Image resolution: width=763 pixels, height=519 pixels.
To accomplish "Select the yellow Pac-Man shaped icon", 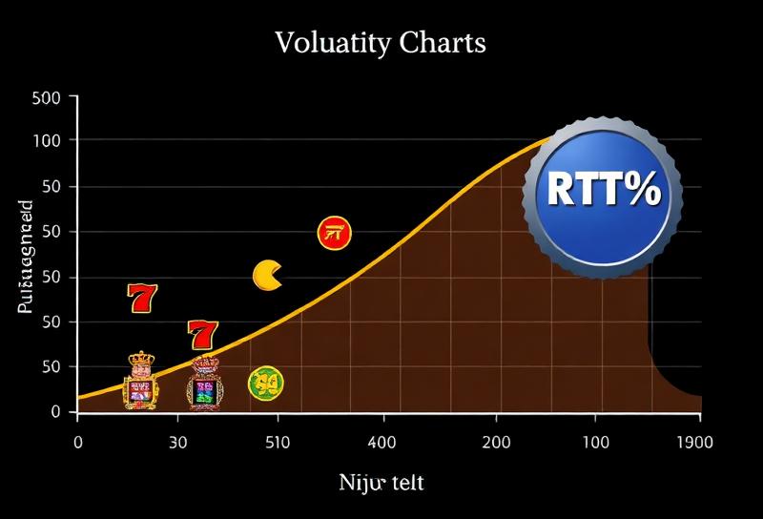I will pyautogui.click(x=267, y=276).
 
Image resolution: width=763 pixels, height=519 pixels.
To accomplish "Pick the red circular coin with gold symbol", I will pyautogui.click(x=334, y=232).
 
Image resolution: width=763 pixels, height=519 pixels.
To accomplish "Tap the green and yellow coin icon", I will pyautogui.click(x=265, y=384).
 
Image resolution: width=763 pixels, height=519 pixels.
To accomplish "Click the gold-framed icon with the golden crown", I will pyautogui.click(x=140, y=381).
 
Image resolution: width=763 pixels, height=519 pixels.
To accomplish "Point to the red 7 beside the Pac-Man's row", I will pyautogui.click(x=142, y=299).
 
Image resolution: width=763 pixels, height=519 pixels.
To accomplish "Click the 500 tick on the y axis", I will pyautogui.click(x=46, y=97).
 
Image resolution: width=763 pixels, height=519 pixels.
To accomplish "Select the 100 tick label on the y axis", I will pyautogui.click(x=46, y=141).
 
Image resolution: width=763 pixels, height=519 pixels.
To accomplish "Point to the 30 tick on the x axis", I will pyautogui.click(x=178, y=443).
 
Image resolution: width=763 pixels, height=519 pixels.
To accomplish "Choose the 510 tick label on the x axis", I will pyautogui.click(x=278, y=443).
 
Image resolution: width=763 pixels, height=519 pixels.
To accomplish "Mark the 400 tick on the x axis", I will pyautogui.click(x=383, y=443).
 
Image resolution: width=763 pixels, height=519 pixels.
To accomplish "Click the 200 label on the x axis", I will pyautogui.click(x=496, y=443).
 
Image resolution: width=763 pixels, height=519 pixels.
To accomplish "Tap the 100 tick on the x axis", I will pyautogui.click(x=596, y=443).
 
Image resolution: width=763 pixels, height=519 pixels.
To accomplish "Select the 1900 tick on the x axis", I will pyautogui.click(x=693, y=443).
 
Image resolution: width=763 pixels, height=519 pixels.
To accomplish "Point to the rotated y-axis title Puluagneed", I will pyautogui.click(x=25, y=258).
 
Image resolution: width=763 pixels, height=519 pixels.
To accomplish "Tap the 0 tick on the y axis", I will pyautogui.click(x=56, y=411).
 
